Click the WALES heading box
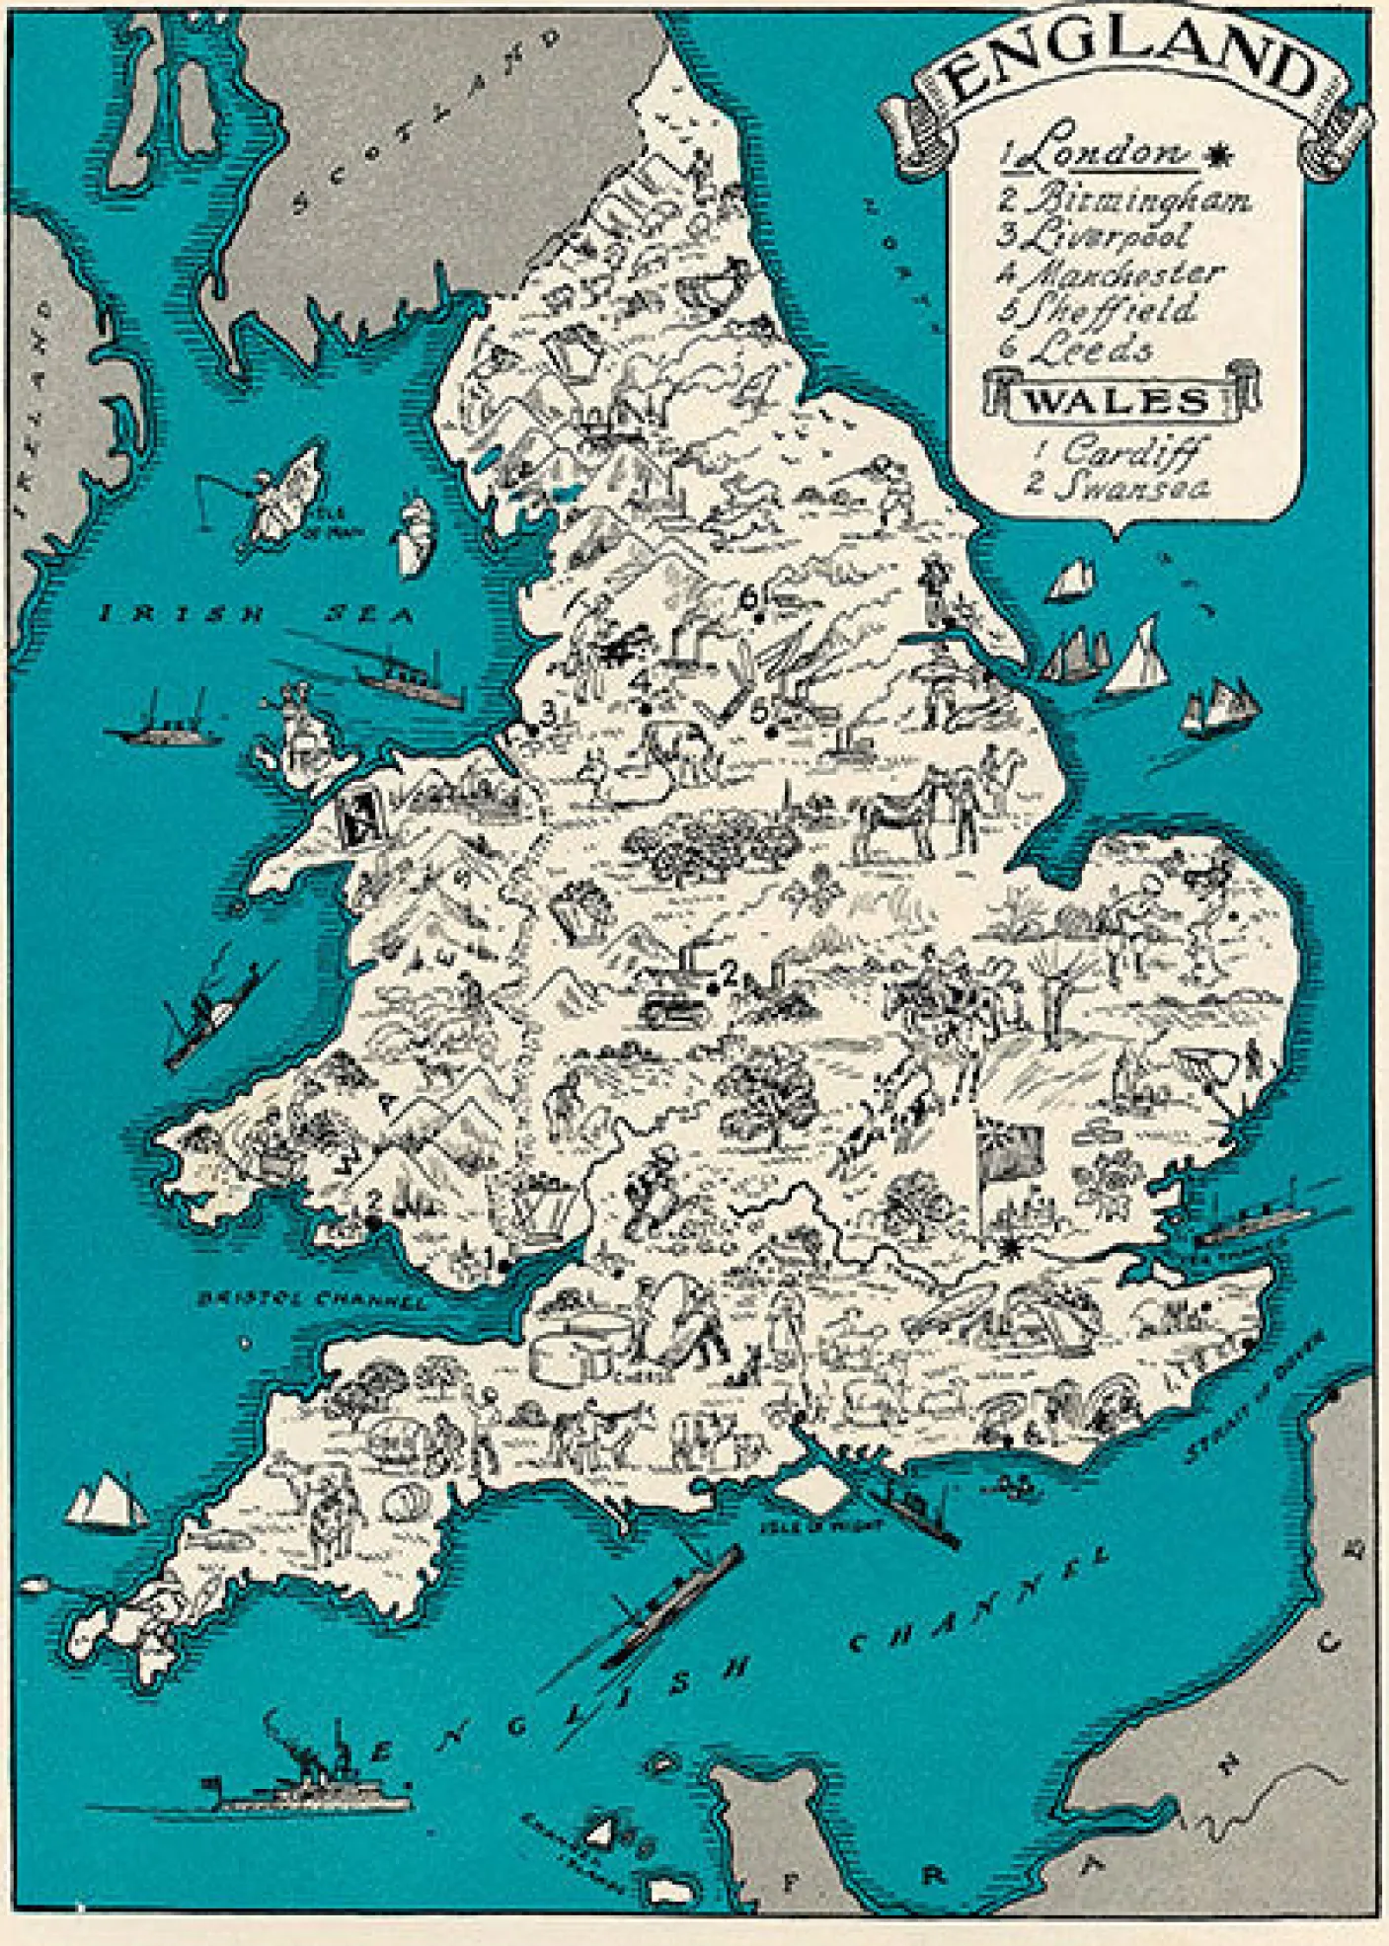point(1119,400)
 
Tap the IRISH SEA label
point(257,614)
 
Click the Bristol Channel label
point(311,1298)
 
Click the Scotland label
point(424,118)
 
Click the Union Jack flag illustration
point(1009,1150)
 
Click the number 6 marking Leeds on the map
point(749,598)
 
